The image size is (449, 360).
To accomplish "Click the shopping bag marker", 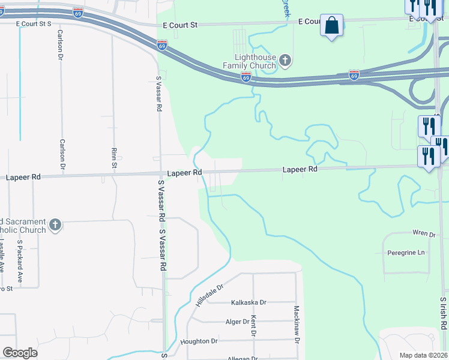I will pos(331,26).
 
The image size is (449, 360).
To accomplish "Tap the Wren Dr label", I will pos(423,233).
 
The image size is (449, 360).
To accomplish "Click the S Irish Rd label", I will pos(443,313).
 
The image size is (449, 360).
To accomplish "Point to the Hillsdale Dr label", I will pos(208,295).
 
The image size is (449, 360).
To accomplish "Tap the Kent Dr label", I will pos(254,326).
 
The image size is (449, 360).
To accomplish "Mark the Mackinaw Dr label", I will pos(297,325).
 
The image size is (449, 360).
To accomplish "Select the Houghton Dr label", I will pos(199,341).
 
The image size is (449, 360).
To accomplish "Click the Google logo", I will pos(20,353).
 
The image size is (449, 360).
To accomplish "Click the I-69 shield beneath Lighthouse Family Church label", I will pos(246,76).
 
